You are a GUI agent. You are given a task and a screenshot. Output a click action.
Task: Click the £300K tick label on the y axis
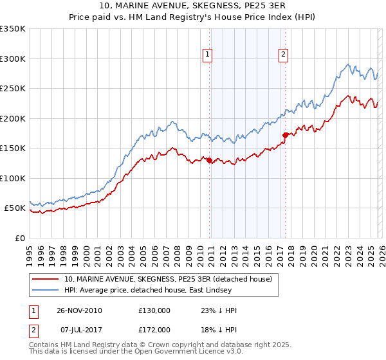pyautogui.click(x=13, y=59)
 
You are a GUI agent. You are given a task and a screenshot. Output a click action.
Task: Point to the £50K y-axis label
pyautogui.click(x=15, y=208)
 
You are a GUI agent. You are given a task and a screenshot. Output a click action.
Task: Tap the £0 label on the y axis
pyautogui.click(x=21, y=239)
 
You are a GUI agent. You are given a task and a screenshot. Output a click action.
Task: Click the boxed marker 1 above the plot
pyautogui.click(x=208, y=55)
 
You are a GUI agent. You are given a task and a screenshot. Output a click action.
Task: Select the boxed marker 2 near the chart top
pyautogui.click(x=283, y=55)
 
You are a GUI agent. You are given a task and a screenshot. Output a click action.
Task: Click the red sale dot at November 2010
pyautogui.click(x=210, y=161)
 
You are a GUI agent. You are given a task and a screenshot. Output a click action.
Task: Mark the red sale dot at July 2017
pyautogui.click(x=284, y=135)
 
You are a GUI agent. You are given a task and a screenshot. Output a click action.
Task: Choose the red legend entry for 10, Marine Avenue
pyautogui.click(x=169, y=279)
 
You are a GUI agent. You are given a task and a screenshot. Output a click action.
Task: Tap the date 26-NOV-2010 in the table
pyautogui.click(x=79, y=310)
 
